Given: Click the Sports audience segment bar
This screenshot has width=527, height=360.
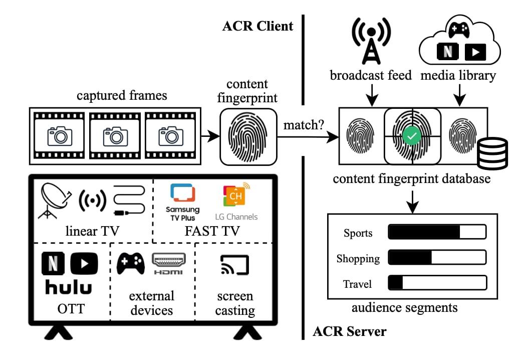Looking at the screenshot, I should (437, 232).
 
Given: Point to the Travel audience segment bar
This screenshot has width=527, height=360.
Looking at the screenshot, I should (437, 282).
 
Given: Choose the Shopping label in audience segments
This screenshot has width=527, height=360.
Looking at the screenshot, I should (358, 259).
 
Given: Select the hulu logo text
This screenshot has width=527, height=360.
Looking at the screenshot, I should (69, 287).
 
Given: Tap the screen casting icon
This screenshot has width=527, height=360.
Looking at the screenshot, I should (234, 265).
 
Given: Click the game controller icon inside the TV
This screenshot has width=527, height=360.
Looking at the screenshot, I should (131, 263).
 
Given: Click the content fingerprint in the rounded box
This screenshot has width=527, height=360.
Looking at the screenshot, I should (248, 136).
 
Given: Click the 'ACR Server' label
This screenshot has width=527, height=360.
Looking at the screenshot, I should (349, 331).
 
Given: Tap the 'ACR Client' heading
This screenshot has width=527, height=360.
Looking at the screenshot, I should (258, 26).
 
